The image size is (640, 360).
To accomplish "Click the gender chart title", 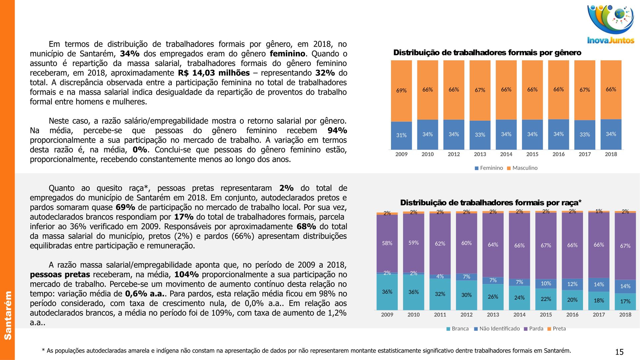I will pos(487,53).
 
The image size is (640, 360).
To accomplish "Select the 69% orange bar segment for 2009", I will pos(401,91).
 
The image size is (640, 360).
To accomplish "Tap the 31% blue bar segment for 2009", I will pos(401,135).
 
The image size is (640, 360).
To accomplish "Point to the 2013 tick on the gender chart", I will pos(480,154).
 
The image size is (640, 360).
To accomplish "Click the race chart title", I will pos(491,203).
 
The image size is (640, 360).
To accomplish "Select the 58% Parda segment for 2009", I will pos(387,243).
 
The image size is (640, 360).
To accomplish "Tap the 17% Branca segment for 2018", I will pos(625,301).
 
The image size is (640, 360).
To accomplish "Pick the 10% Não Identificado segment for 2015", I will pos(546,284).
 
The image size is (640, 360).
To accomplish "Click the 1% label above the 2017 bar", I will pos(599,211).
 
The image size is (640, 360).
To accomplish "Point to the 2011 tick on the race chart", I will pos(440,315).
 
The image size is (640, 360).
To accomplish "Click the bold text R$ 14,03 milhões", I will pos(214,73).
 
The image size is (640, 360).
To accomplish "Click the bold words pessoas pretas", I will pos(60,275).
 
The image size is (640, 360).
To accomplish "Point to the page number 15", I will pos(619,352).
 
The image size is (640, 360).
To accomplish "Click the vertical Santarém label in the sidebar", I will pos(8,315).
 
